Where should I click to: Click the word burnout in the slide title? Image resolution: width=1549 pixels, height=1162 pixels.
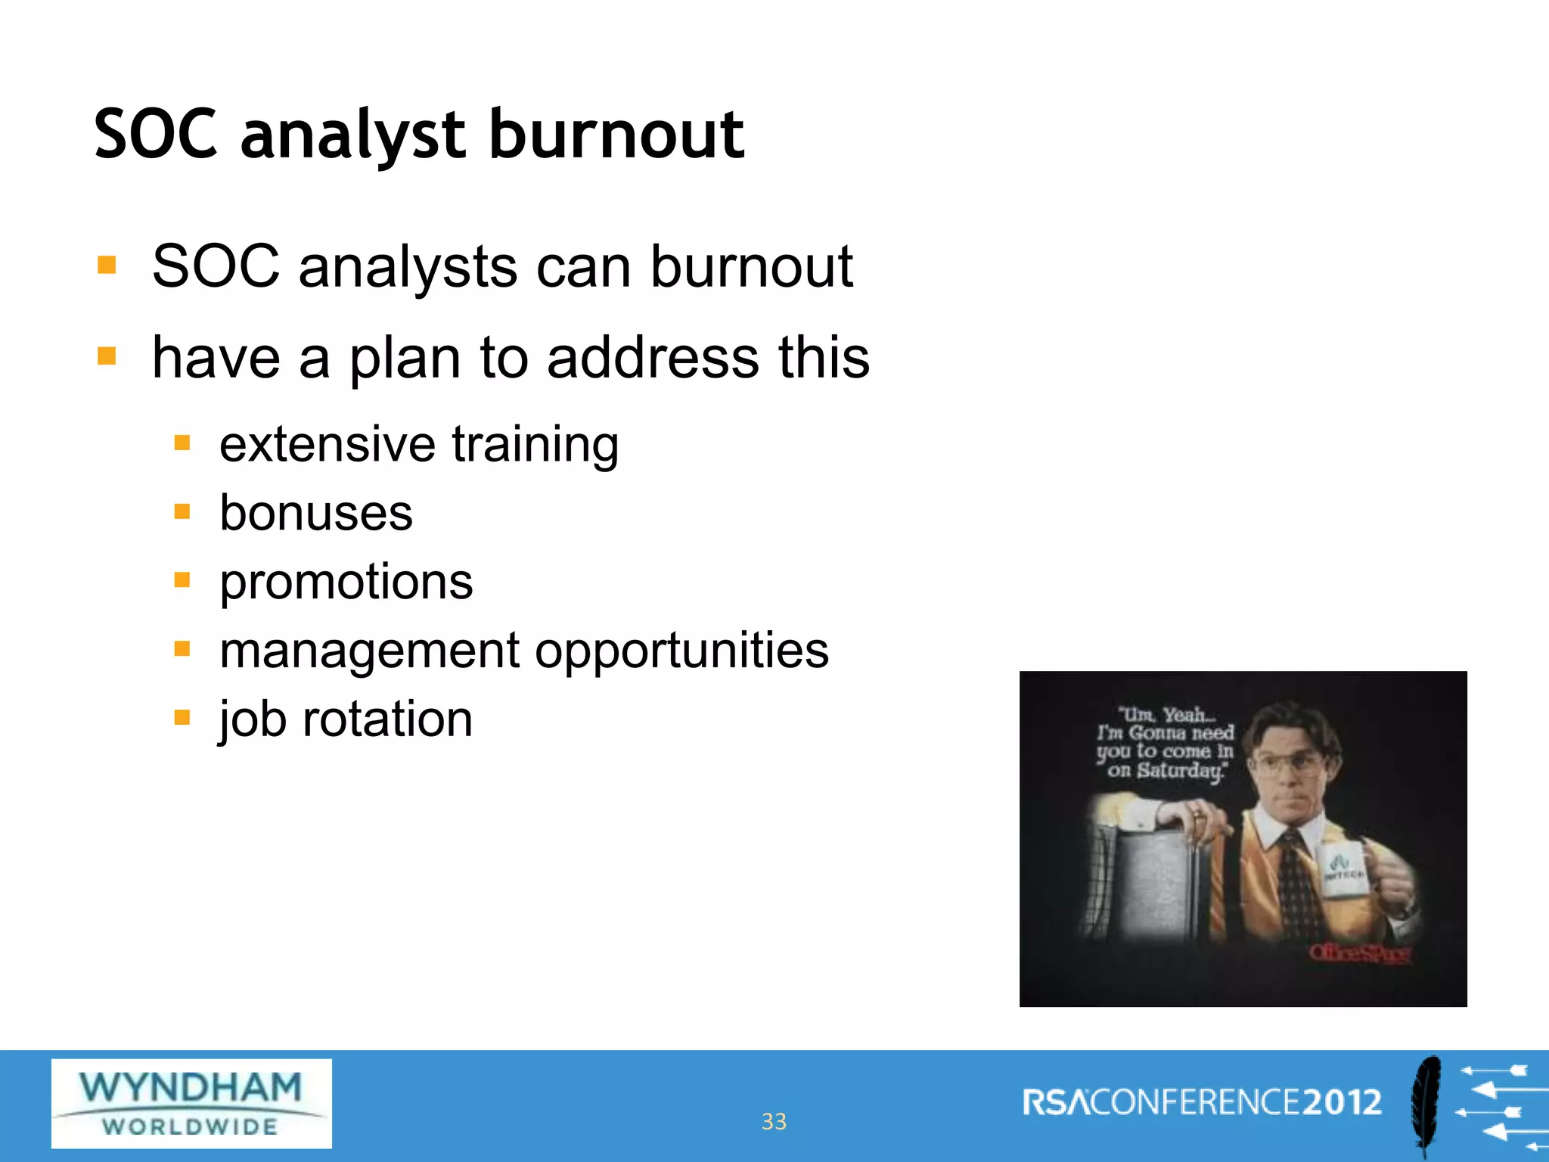tap(616, 135)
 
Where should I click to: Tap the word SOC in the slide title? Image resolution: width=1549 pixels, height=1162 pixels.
tap(156, 135)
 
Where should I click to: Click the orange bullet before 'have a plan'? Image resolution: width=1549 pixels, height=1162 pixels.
tap(107, 356)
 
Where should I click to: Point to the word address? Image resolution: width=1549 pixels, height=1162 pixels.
tap(653, 357)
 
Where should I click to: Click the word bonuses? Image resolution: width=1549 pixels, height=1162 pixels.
tap(316, 513)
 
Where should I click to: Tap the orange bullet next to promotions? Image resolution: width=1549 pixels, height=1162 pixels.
tap(182, 580)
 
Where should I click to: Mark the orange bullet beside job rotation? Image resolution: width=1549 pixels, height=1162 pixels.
tap(182, 717)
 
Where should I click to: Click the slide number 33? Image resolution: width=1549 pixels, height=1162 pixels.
tap(774, 1121)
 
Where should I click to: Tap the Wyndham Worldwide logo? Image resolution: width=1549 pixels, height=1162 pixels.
tap(191, 1103)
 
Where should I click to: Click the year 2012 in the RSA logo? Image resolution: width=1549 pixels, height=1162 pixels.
tap(1342, 1102)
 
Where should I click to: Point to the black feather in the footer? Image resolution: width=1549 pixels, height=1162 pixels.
tap(1426, 1105)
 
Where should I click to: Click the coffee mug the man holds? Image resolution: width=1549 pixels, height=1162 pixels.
tap(1346, 870)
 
